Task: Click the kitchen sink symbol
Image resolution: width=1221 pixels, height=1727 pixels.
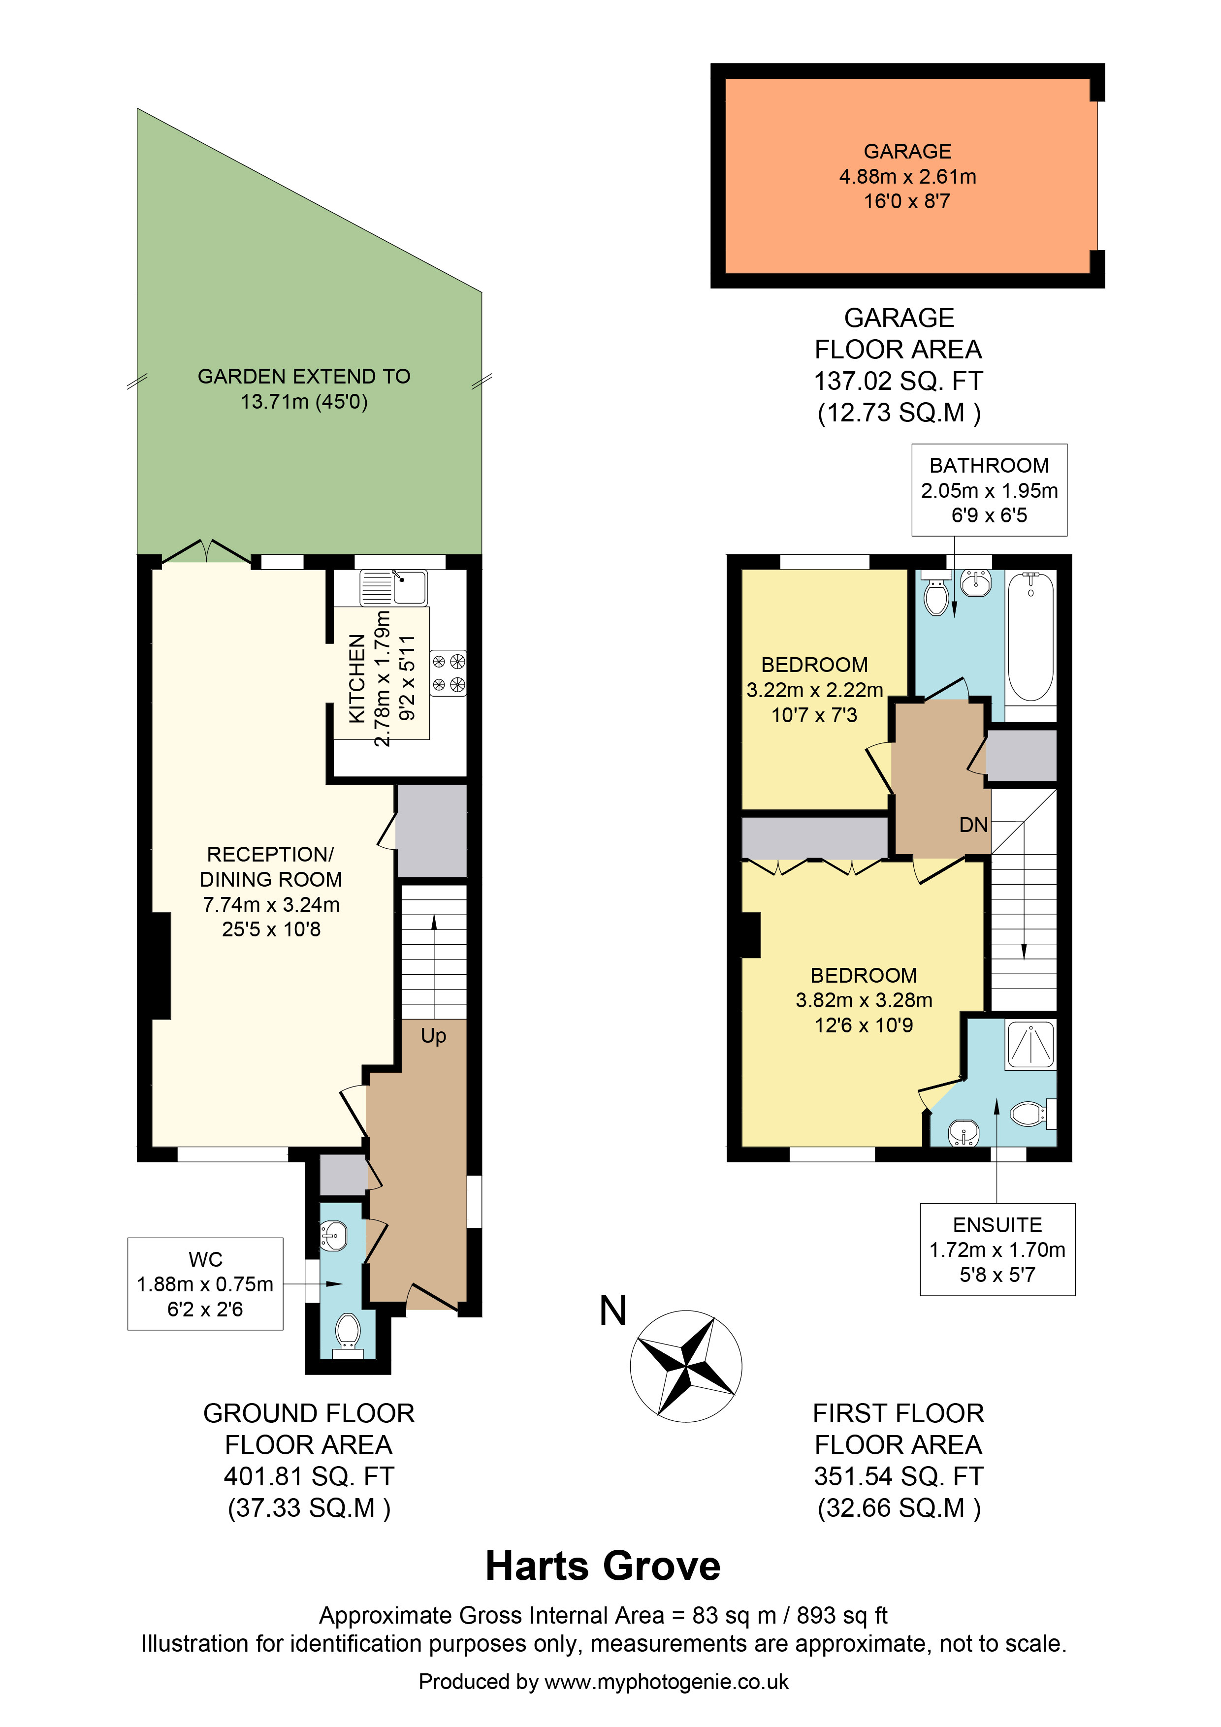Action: [x=393, y=587]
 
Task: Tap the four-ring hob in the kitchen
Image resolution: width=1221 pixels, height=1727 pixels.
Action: [x=449, y=673]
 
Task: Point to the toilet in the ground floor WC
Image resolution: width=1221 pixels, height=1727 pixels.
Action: [x=347, y=1331]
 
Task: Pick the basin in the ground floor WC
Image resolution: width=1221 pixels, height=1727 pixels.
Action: [x=333, y=1236]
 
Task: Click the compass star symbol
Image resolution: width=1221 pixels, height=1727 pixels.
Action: [x=685, y=1366]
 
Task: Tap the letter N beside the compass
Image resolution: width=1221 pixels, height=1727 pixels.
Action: [x=613, y=1311]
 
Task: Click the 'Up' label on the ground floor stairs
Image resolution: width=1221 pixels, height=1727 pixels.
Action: [x=433, y=1036]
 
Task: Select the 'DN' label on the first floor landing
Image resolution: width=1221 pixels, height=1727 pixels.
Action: [x=973, y=825]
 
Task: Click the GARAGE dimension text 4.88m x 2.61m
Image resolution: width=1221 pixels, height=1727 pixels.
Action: [x=907, y=177]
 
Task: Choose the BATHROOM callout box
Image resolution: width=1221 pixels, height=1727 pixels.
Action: [x=989, y=490]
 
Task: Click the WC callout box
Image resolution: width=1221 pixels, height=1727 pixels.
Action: [x=205, y=1284]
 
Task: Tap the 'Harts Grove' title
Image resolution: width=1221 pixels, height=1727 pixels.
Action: [x=603, y=1566]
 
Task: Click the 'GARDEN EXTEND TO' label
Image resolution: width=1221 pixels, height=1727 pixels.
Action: [x=304, y=376]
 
